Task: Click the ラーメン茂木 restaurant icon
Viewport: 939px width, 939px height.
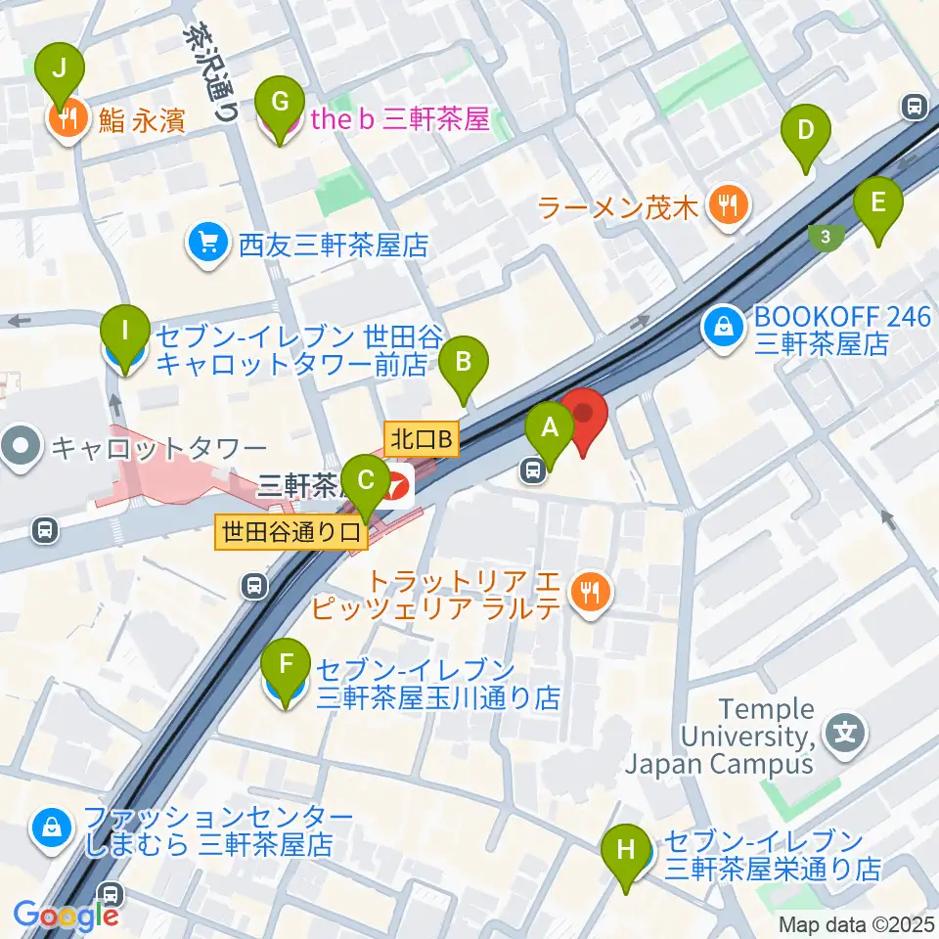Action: [x=729, y=205]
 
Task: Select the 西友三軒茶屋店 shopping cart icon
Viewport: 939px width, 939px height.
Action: [x=207, y=243]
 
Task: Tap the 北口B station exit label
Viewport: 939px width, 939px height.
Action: [x=422, y=439]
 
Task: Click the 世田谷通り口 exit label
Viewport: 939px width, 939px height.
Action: [x=291, y=532]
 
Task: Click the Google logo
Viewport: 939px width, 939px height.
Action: [x=66, y=915]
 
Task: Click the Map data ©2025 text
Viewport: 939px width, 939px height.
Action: [x=857, y=923]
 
